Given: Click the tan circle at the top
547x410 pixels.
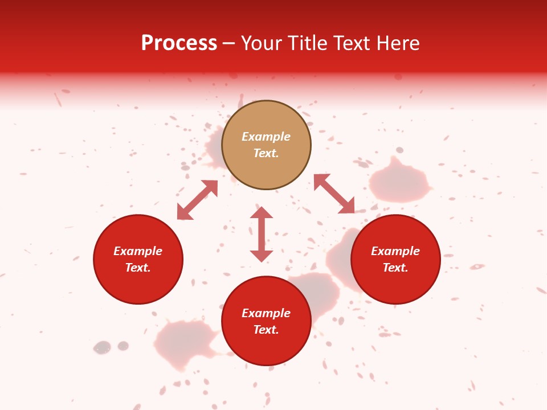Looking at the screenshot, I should tap(266, 145).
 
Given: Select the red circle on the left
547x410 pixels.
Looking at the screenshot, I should tap(138, 259).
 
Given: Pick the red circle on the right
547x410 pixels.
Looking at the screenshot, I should tap(395, 259).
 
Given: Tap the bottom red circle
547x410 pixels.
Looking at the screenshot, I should tap(266, 320).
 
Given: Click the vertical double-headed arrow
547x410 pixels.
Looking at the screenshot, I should tap(262, 234).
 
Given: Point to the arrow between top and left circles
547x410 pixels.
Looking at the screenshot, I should tap(197, 200).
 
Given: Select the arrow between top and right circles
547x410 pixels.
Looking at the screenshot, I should tap(334, 194).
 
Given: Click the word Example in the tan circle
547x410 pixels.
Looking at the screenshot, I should tap(266, 137).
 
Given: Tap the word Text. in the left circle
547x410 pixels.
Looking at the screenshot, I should tap(138, 268).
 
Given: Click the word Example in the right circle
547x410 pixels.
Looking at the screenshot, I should tap(395, 251).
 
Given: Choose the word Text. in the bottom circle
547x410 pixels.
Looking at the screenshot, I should tap(266, 330).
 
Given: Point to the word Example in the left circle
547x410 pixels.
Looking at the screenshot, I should tap(138, 251).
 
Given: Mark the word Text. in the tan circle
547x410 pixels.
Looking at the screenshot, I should tap(266, 153).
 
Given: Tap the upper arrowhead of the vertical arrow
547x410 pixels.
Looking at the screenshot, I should tap(262, 213).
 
